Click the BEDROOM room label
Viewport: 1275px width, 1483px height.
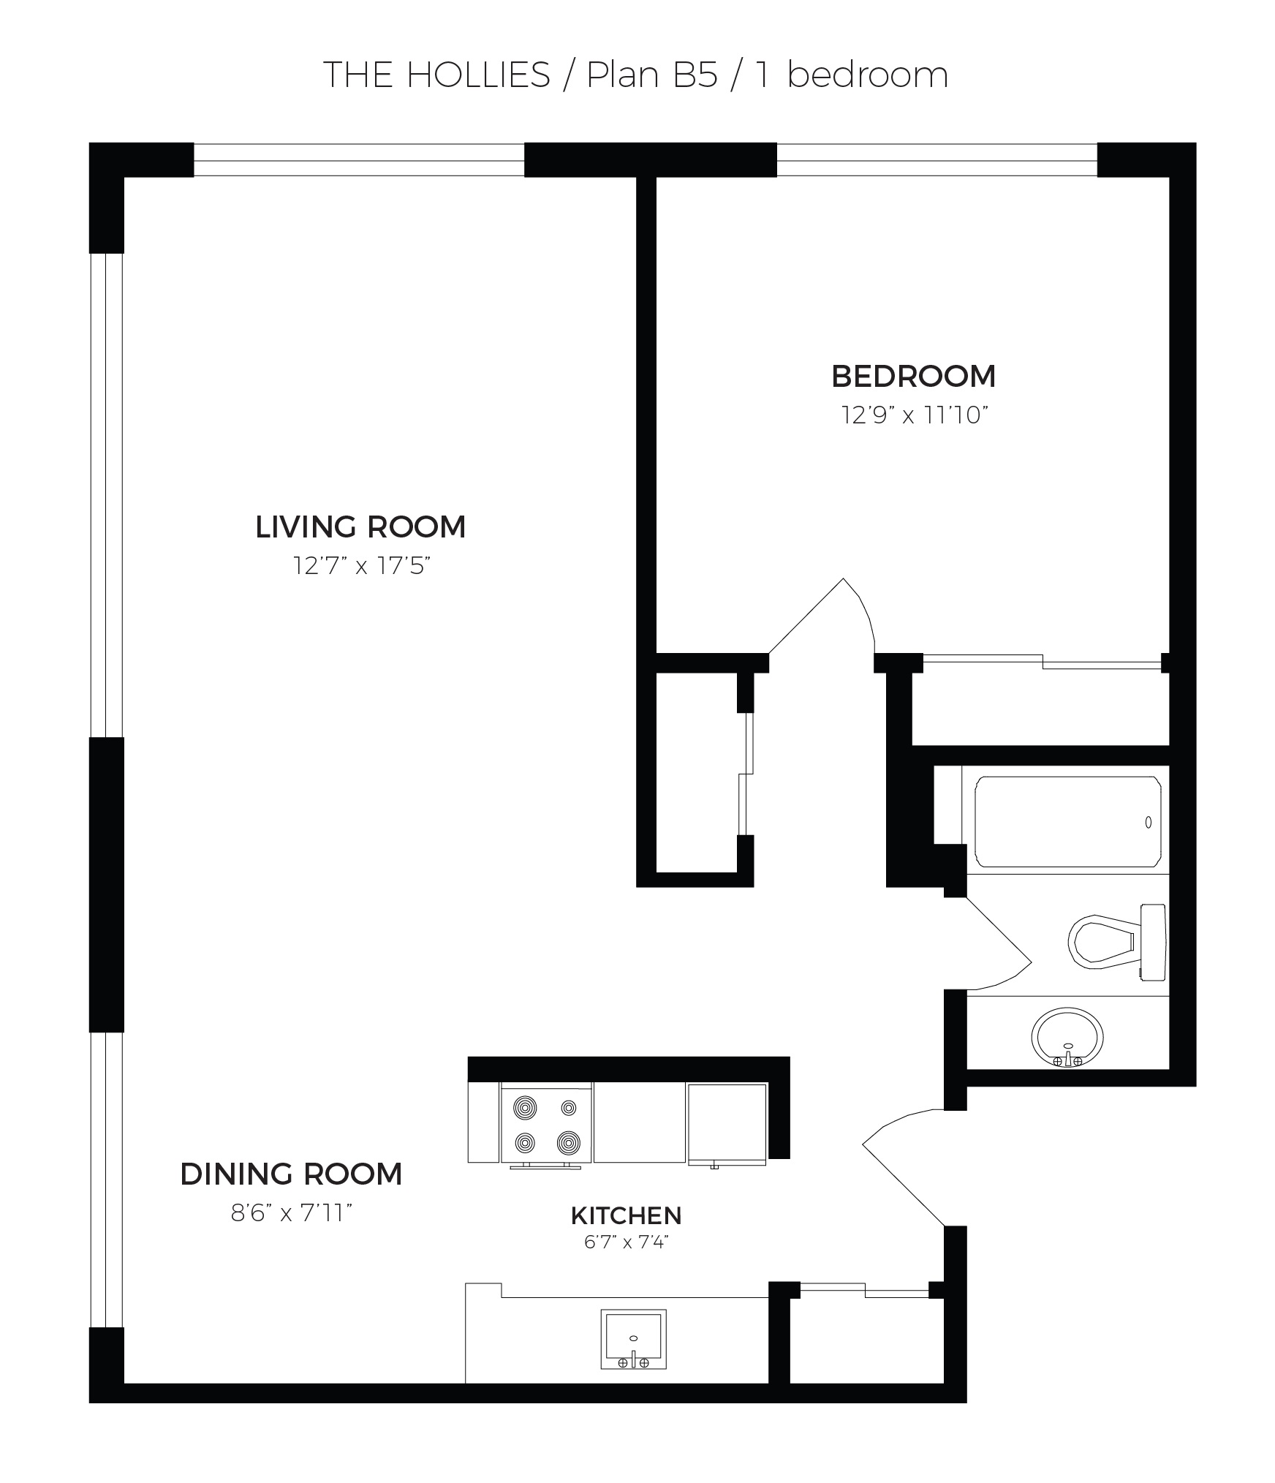913,377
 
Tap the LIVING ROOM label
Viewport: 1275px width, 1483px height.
360,527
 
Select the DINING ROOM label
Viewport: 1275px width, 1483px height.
291,1174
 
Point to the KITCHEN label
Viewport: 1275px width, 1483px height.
627,1216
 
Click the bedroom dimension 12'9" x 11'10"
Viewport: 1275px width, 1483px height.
915,415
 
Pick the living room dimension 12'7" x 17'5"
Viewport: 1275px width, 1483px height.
360,566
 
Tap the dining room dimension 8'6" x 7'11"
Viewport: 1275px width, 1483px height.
292,1214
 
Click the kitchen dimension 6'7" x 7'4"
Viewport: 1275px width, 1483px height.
627,1243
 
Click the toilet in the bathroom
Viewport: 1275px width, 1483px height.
1117,942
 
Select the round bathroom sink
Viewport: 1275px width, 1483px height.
1067,1036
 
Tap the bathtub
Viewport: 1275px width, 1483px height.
1067,822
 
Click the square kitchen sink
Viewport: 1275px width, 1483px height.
633,1339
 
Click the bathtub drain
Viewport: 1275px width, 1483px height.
1148,822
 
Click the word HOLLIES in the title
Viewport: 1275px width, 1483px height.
478,75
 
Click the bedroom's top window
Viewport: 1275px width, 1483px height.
937,160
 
